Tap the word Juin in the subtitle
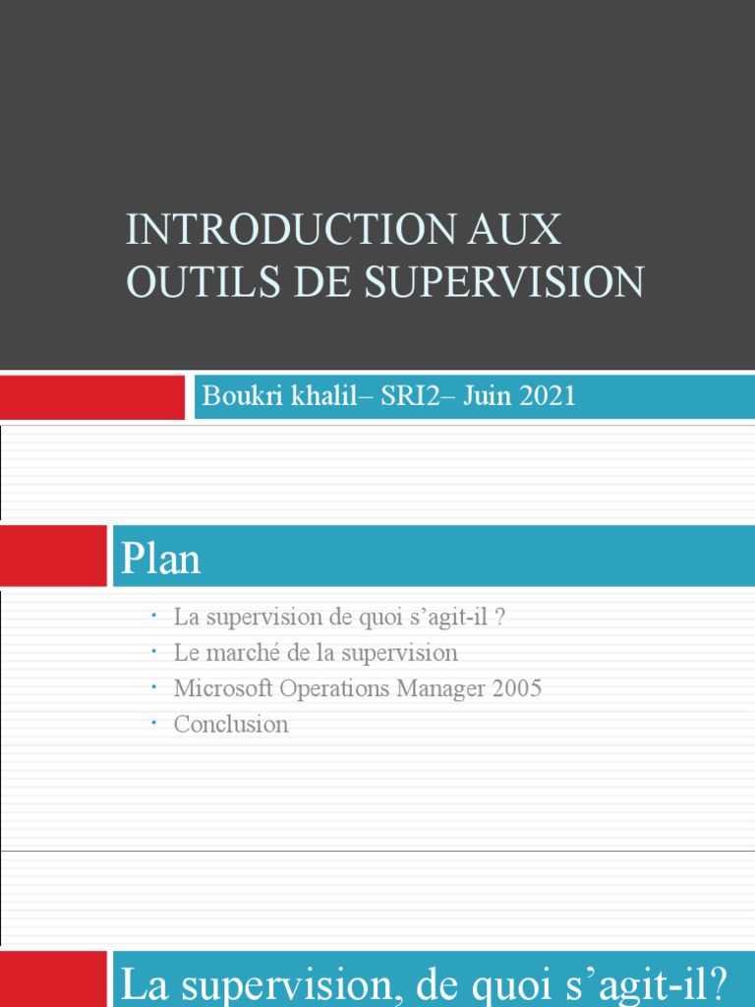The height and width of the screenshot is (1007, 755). pyautogui.click(x=483, y=396)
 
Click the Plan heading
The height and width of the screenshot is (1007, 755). pyautogui.click(x=161, y=559)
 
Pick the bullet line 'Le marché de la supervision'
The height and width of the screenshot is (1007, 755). pyautogui.click(x=316, y=653)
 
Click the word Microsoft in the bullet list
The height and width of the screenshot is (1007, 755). pyautogui.click(x=224, y=688)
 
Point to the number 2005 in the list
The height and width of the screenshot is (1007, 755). pyautogui.click(x=517, y=688)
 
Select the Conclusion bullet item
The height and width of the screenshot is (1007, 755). pyautogui.click(x=231, y=725)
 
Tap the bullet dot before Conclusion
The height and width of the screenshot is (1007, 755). pyautogui.click(x=154, y=723)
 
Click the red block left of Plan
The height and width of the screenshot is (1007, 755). pyautogui.click(x=53, y=556)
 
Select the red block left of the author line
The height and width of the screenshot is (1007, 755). pyautogui.click(x=92, y=396)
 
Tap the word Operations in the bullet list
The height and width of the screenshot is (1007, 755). pyautogui.click(x=335, y=688)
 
